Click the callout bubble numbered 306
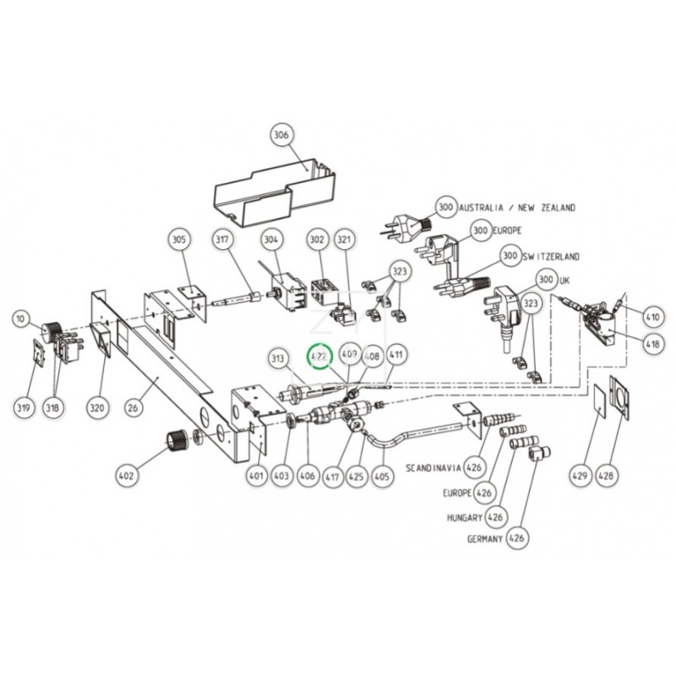(281, 134)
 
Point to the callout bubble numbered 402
(126, 477)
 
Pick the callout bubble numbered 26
(132, 408)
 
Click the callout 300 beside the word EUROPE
(481, 230)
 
